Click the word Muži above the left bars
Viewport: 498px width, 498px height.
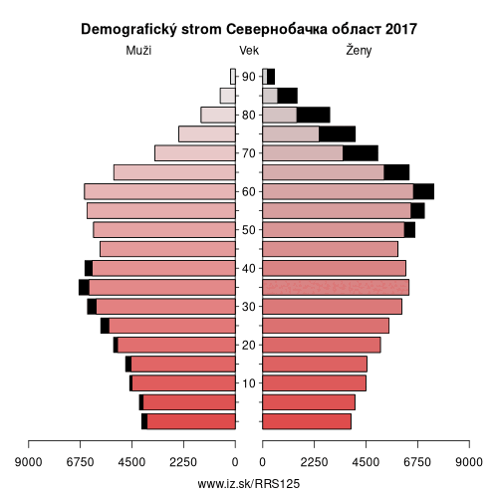(x=138, y=51)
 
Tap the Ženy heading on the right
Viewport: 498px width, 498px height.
(x=359, y=51)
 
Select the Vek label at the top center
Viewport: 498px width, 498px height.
(x=249, y=51)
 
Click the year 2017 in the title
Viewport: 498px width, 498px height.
(x=401, y=29)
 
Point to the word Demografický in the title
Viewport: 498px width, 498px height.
(x=129, y=30)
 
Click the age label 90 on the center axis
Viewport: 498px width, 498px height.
(x=248, y=77)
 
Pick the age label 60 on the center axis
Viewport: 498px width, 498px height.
(x=248, y=191)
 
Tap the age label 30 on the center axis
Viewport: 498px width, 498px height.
(x=248, y=307)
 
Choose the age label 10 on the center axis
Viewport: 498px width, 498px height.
(x=248, y=383)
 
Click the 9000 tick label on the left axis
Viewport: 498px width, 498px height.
(x=28, y=462)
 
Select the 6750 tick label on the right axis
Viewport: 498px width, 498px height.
(x=417, y=462)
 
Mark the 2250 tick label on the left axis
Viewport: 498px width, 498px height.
(x=183, y=462)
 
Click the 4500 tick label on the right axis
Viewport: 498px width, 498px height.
(x=366, y=462)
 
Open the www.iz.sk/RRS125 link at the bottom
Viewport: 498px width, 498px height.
(x=249, y=484)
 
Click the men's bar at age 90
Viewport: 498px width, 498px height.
(x=233, y=77)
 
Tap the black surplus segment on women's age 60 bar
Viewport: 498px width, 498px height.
(x=423, y=191)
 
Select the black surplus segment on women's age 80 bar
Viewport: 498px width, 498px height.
(x=314, y=115)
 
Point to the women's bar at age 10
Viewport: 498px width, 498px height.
(x=315, y=383)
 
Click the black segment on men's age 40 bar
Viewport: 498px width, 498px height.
(x=89, y=268)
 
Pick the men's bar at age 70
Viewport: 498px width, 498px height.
(x=195, y=153)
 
